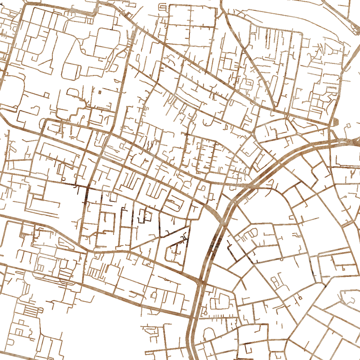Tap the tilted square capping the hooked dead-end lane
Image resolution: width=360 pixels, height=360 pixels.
(349, 125)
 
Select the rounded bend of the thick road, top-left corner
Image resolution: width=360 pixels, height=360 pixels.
(25, 6)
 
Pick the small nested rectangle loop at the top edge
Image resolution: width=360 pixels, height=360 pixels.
(163, 6)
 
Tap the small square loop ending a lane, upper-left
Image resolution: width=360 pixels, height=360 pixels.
(47, 95)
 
